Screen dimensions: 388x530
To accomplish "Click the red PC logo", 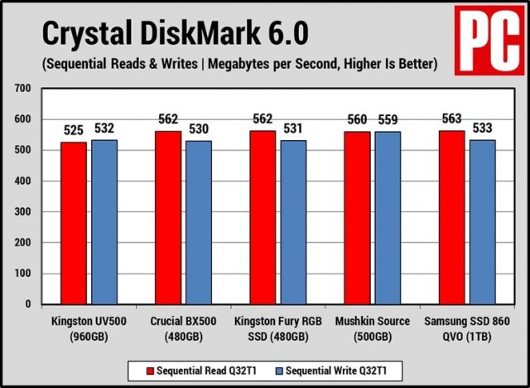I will click(x=492, y=39).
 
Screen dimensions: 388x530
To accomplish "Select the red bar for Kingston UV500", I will click(x=74, y=222).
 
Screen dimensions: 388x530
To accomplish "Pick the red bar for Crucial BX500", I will click(x=168, y=217).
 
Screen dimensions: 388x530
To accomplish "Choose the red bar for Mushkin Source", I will click(x=358, y=217).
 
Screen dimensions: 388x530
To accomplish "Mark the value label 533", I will click(x=483, y=129).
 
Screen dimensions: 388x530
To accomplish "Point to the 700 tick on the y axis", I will click(x=22, y=88).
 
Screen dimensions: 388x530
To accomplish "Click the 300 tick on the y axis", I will click(x=22, y=211).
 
